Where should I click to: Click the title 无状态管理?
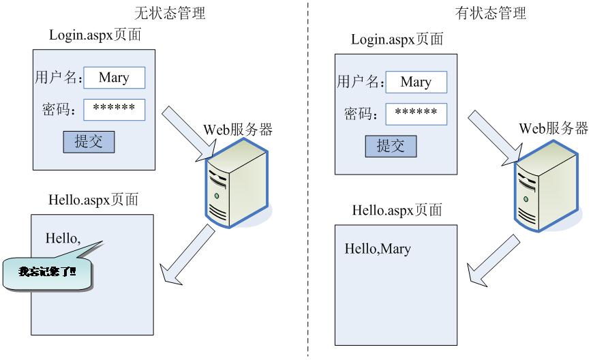(169, 13)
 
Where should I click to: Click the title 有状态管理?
(491, 13)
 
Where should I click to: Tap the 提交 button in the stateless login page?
(89, 142)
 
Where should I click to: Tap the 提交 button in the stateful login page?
(391, 145)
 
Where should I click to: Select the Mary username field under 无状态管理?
(115, 78)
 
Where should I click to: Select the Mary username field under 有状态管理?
(416, 82)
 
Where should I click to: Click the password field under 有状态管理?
(416, 113)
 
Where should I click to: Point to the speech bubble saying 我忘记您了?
(48, 272)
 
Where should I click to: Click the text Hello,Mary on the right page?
(377, 249)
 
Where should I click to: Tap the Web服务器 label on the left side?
(238, 130)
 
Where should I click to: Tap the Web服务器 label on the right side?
(553, 129)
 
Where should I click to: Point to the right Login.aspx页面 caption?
(397, 39)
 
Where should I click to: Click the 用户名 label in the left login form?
(58, 78)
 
